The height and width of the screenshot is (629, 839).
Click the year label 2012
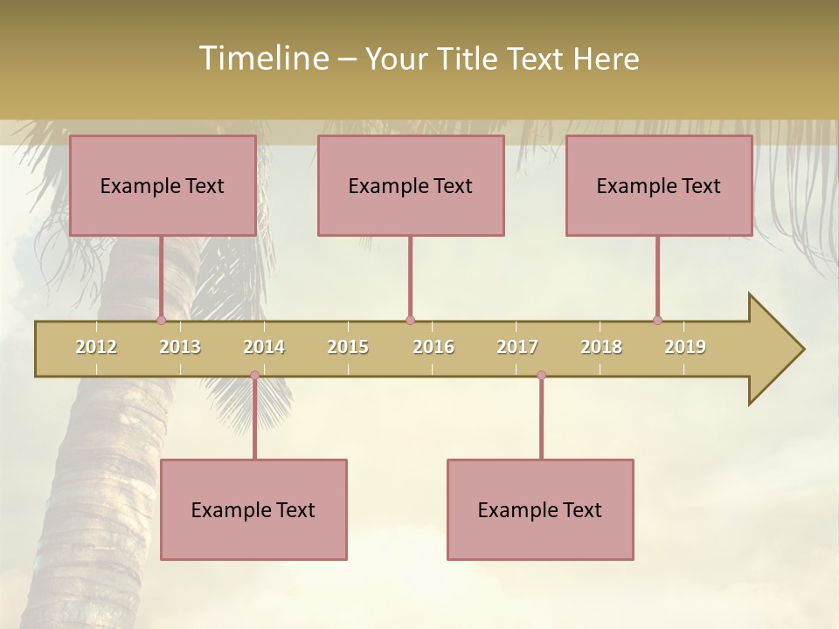click(x=96, y=347)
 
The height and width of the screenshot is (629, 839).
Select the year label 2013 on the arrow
click(x=180, y=347)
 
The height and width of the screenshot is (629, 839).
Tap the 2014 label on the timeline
click(x=264, y=347)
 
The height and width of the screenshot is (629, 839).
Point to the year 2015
click(x=348, y=347)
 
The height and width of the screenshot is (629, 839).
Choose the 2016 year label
click(x=433, y=347)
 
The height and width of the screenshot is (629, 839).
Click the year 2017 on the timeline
click(x=517, y=347)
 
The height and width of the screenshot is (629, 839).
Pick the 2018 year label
click(x=601, y=347)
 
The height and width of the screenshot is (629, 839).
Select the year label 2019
click(x=685, y=347)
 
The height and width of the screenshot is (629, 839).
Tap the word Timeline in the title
click(x=262, y=59)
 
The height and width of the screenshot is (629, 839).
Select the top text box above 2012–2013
click(x=163, y=185)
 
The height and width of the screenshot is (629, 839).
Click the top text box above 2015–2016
click(x=411, y=185)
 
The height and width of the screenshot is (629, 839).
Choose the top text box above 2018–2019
click(x=659, y=185)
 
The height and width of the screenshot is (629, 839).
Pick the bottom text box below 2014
click(x=253, y=509)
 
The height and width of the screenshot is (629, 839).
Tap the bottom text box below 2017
click(x=540, y=509)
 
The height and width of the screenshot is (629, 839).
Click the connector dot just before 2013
click(x=161, y=320)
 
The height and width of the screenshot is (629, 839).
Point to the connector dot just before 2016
click(x=410, y=320)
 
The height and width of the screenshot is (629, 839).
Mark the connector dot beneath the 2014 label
click(x=254, y=376)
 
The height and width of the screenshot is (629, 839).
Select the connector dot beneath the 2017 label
click(x=541, y=376)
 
